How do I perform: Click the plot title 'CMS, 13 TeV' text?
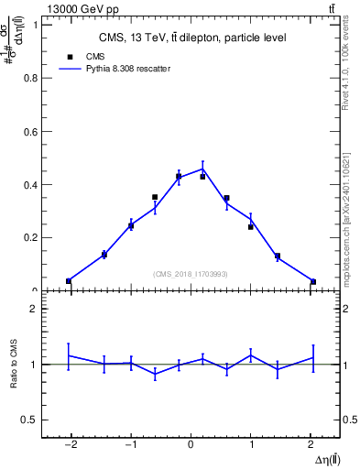(191, 38)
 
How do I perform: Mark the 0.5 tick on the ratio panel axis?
(29, 420)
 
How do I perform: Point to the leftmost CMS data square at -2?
(69, 280)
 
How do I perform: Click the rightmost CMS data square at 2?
(313, 281)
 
